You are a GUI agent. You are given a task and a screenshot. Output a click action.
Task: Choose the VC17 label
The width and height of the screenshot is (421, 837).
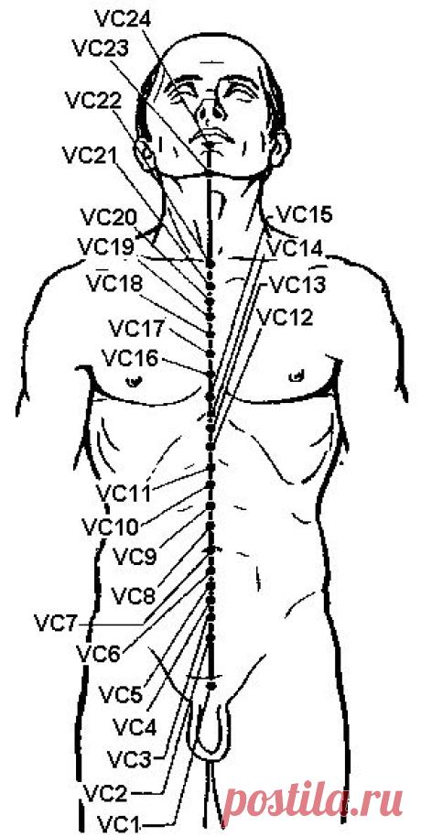click(x=137, y=328)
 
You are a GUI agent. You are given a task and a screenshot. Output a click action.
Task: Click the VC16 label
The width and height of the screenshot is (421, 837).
click(x=131, y=358)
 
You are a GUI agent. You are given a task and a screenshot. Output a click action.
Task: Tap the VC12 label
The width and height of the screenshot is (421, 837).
click(x=285, y=317)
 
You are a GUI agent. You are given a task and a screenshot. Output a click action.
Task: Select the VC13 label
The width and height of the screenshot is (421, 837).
click(x=297, y=284)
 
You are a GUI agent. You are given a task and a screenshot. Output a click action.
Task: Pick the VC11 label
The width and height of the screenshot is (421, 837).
click(x=124, y=494)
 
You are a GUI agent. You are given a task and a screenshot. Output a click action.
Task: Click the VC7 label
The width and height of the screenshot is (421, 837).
click(x=56, y=623)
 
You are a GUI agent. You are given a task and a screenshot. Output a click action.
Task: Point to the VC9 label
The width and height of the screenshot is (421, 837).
click(x=135, y=558)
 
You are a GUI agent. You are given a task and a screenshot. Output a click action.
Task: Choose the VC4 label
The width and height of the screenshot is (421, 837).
click(x=135, y=726)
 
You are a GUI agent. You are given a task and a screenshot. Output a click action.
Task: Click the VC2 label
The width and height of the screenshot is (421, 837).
click(x=105, y=794)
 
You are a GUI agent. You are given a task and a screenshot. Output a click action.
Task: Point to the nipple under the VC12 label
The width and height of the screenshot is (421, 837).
click(x=295, y=376)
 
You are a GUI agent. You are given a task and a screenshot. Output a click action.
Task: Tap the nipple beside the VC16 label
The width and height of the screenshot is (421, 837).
click(x=133, y=381)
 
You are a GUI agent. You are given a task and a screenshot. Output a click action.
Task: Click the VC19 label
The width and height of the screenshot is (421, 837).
click(x=107, y=246)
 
